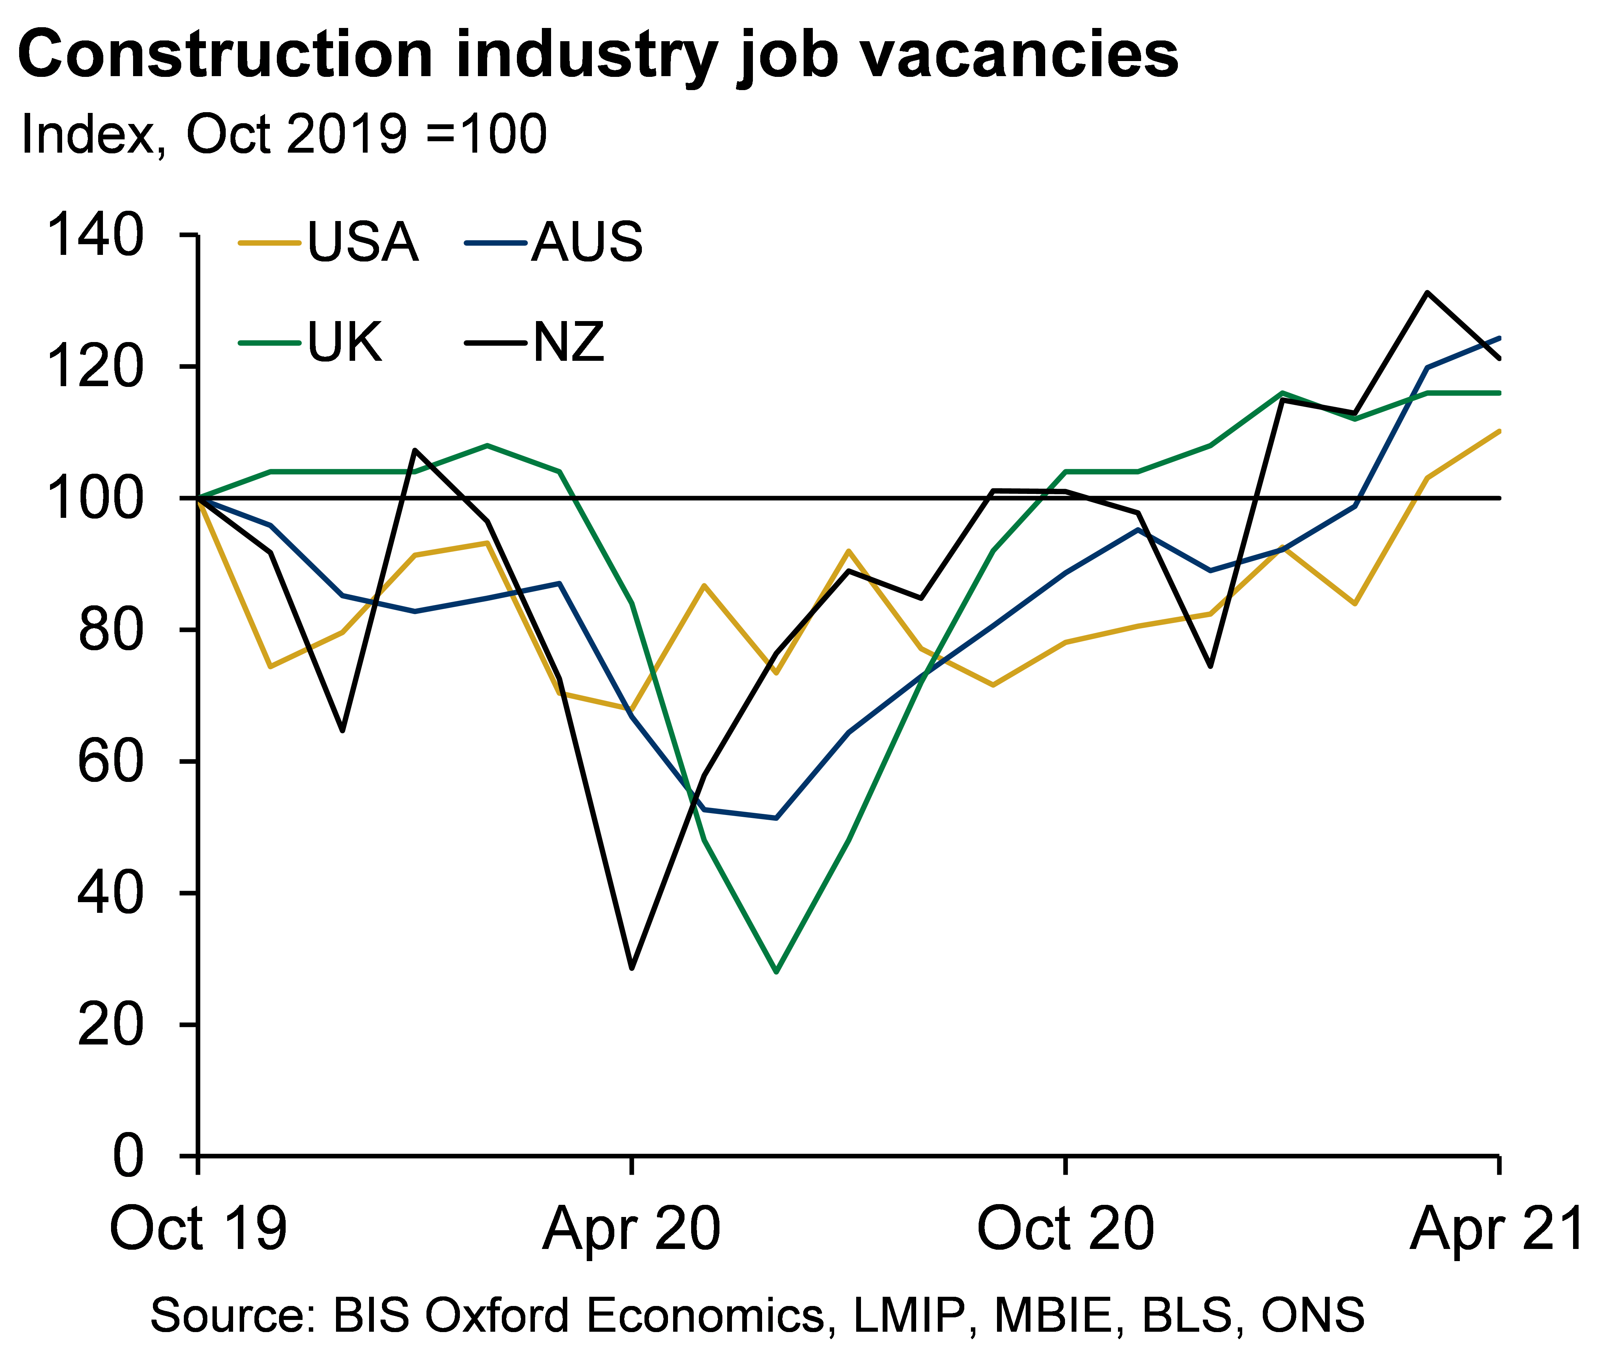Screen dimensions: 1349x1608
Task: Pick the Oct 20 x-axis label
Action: pyautogui.click(x=1065, y=1229)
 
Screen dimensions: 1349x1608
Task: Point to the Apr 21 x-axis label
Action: pyautogui.click(x=1497, y=1229)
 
